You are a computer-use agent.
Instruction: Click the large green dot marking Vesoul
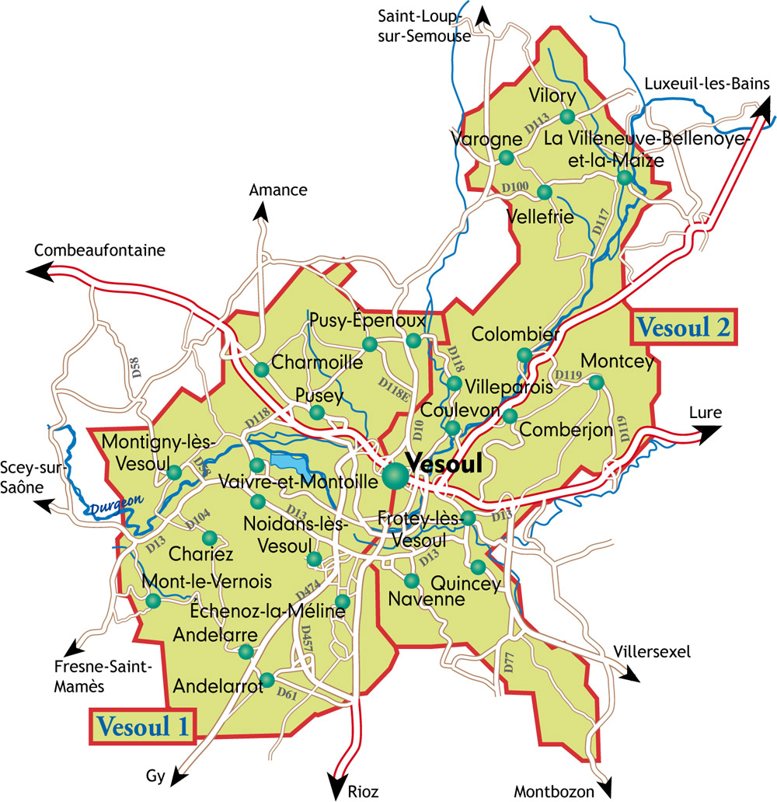(x=394, y=476)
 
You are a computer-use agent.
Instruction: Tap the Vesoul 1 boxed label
(x=141, y=727)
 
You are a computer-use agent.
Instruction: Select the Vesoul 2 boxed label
(x=684, y=327)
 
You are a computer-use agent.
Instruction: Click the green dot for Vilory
(x=567, y=117)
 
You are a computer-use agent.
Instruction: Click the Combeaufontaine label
(x=100, y=250)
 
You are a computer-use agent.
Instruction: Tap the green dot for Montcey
(x=596, y=382)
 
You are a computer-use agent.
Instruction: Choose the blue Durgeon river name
(x=117, y=506)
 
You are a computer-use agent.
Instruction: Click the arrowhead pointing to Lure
(x=709, y=435)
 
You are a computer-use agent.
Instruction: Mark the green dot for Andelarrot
(x=267, y=680)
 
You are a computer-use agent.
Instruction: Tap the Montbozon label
(x=553, y=792)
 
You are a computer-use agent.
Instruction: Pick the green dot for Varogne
(x=507, y=158)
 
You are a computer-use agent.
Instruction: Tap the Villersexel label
(x=651, y=651)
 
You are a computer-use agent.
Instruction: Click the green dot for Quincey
(x=478, y=567)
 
